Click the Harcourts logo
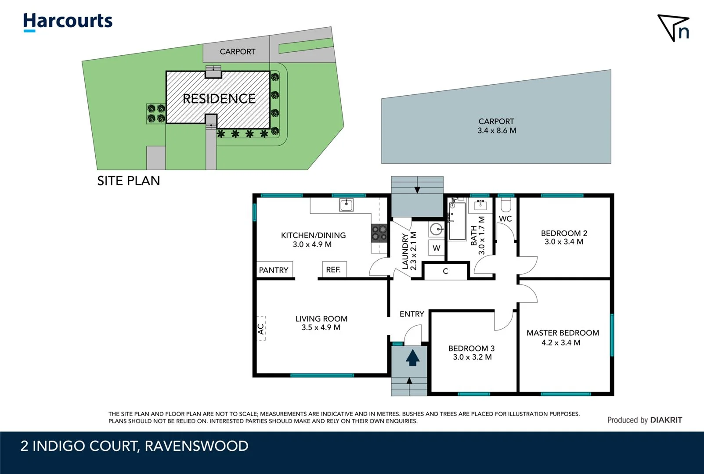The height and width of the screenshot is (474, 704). (68, 22)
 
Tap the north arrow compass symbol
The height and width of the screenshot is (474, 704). (673, 28)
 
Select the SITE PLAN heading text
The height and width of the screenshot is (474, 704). (128, 181)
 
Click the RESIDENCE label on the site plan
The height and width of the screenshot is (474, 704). (219, 99)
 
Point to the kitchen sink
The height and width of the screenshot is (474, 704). (346, 205)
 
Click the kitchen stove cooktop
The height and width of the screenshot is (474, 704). (379, 233)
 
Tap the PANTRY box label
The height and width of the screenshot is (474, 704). (274, 270)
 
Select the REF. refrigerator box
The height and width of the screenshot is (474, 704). (334, 269)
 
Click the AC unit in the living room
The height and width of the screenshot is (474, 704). (261, 329)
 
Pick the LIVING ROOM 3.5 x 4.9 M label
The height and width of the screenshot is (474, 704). (321, 323)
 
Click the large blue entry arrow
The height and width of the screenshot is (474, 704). (412, 357)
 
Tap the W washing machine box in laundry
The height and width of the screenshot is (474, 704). (436, 248)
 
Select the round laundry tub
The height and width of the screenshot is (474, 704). (436, 230)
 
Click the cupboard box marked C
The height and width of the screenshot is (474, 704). (445, 271)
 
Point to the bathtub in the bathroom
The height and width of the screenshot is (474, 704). (457, 221)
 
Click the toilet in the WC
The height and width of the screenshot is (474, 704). (506, 205)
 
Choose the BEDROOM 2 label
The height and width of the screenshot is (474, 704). (564, 233)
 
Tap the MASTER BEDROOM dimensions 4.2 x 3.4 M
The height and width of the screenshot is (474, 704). (561, 343)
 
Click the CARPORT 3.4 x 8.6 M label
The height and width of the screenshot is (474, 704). (497, 126)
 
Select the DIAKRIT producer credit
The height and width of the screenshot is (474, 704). (666, 420)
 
